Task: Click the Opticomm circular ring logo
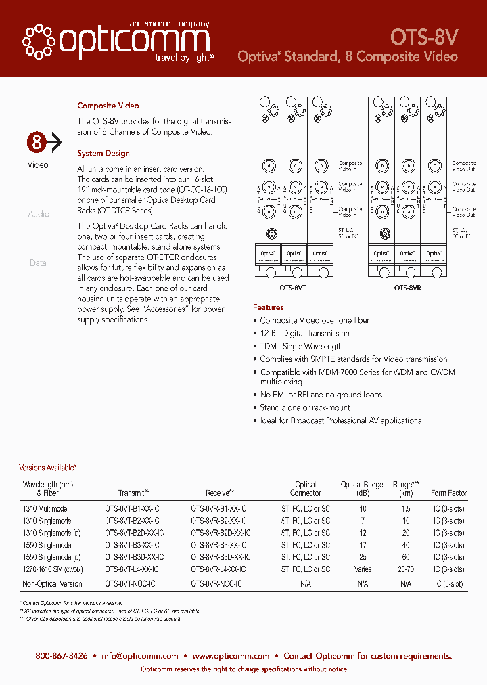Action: (x=39, y=42)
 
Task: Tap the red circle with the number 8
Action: (x=37, y=142)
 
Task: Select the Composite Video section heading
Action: (x=108, y=106)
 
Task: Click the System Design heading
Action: (x=103, y=154)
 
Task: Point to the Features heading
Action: (x=269, y=307)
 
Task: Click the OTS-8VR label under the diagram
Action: (x=408, y=287)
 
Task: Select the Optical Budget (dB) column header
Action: (x=363, y=489)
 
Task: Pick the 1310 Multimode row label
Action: (x=45, y=508)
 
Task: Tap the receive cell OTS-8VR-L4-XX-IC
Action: (x=218, y=569)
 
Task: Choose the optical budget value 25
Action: (x=363, y=557)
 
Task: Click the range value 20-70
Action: (x=406, y=569)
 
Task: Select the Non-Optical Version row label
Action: (x=53, y=583)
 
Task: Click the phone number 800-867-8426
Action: (x=62, y=656)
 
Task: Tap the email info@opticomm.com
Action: (x=140, y=656)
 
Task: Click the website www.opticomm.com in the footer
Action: (x=231, y=656)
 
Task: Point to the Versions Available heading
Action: (x=47, y=468)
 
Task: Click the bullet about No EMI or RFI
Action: (x=321, y=395)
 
